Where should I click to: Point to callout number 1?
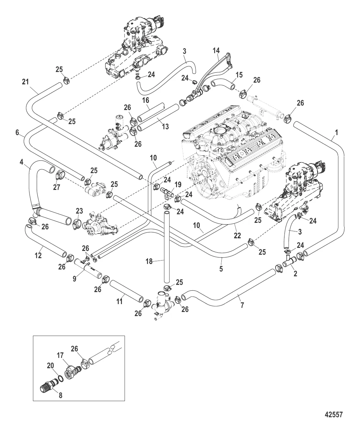336,132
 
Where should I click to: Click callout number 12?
38,255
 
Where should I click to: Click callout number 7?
242,305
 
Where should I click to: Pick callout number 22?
237,236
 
